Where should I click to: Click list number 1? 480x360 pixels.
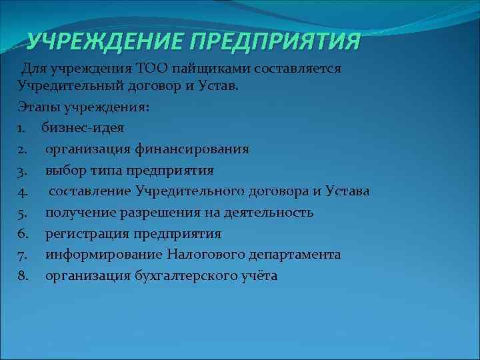(x=22, y=128)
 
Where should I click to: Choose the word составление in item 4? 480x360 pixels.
(x=90, y=192)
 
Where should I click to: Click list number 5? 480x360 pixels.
(x=23, y=213)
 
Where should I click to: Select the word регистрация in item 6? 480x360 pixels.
(x=83, y=234)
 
